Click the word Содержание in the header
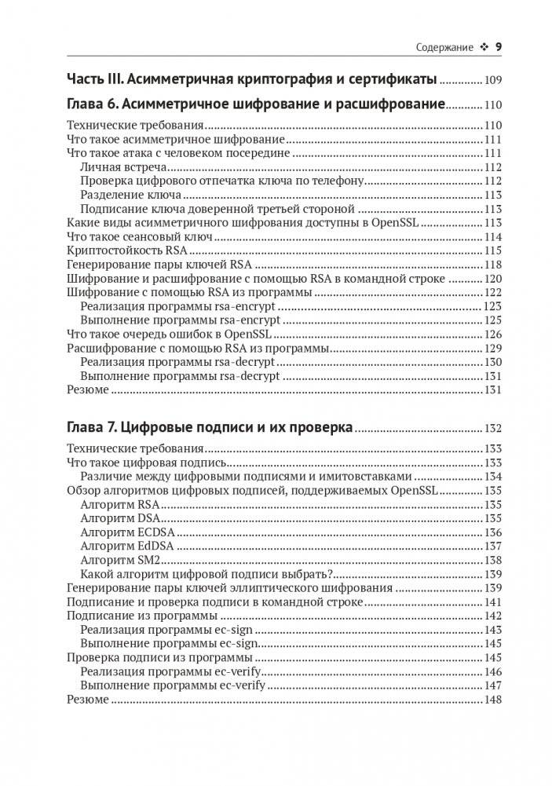(444, 48)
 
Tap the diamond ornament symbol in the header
(483, 48)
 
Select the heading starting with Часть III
(251, 79)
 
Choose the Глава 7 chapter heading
(210, 428)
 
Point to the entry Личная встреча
(123, 167)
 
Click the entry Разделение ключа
(130, 195)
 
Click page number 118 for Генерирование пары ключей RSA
(492, 265)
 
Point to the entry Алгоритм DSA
(119, 518)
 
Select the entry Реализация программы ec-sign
(166, 630)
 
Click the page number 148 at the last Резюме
(492, 700)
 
